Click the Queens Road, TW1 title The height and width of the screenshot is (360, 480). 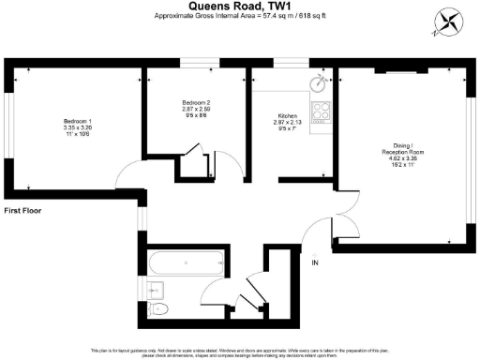(x=239, y=6)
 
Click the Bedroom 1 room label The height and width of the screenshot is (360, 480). (x=76, y=122)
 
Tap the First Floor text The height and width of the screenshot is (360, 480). (x=24, y=212)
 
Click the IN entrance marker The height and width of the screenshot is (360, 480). (x=315, y=262)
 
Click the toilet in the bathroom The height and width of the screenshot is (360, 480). (x=159, y=307)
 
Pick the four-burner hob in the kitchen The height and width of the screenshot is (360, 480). (x=322, y=112)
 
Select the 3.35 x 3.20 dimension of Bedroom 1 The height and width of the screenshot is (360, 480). (x=76, y=128)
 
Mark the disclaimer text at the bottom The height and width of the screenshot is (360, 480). (x=239, y=352)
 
